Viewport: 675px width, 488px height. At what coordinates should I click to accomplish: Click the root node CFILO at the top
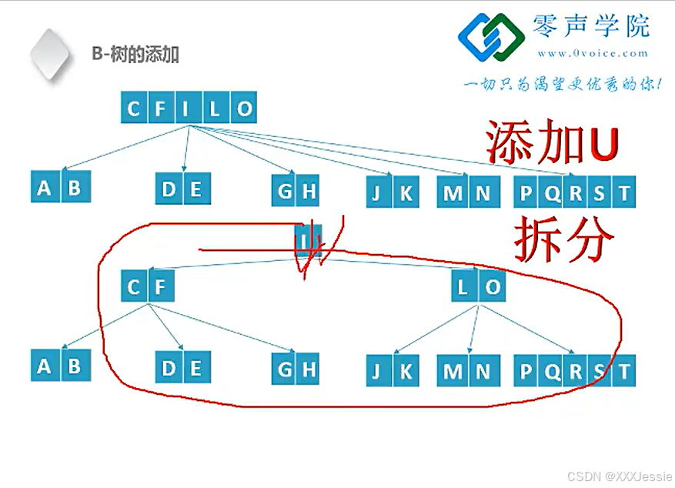click(x=189, y=109)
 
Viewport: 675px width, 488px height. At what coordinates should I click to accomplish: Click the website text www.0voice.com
click(x=593, y=53)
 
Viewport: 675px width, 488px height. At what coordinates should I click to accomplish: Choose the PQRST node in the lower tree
click(x=574, y=371)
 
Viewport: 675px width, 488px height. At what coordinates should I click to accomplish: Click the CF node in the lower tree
click(x=147, y=289)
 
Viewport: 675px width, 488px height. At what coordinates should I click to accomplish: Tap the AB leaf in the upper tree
click(x=60, y=189)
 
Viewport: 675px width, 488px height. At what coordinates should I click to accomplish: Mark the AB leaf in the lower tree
click(x=60, y=366)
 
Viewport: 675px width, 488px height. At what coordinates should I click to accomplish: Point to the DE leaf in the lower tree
click(x=182, y=369)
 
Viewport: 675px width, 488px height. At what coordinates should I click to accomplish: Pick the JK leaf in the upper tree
click(x=392, y=192)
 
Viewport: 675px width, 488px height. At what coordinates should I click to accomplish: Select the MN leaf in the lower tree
click(x=468, y=371)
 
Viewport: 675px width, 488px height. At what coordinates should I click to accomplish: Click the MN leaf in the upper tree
click(x=468, y=192)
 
